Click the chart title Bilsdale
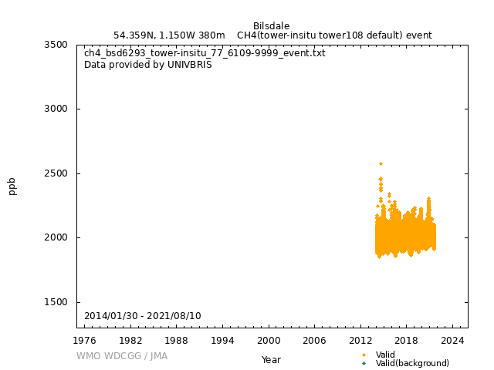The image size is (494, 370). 271,26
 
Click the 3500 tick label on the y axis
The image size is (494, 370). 55,45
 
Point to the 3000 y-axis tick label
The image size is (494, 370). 55,109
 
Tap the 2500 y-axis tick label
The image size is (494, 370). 55,173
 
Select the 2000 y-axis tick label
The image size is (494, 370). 55,237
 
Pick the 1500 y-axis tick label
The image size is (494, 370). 55,302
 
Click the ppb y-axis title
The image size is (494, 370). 12,186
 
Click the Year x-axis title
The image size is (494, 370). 271,360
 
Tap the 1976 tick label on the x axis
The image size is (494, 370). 85,340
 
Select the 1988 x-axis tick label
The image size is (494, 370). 177,340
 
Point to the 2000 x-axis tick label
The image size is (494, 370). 269,340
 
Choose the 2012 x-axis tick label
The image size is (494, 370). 360,340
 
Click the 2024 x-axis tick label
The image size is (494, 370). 452,340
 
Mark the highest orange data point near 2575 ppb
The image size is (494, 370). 381,163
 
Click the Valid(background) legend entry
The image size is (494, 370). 412,363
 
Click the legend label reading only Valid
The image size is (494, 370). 385,355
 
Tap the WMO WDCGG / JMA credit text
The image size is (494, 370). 122,356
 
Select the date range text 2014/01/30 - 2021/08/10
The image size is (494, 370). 143,316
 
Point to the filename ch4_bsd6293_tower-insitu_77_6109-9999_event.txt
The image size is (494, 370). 205,53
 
